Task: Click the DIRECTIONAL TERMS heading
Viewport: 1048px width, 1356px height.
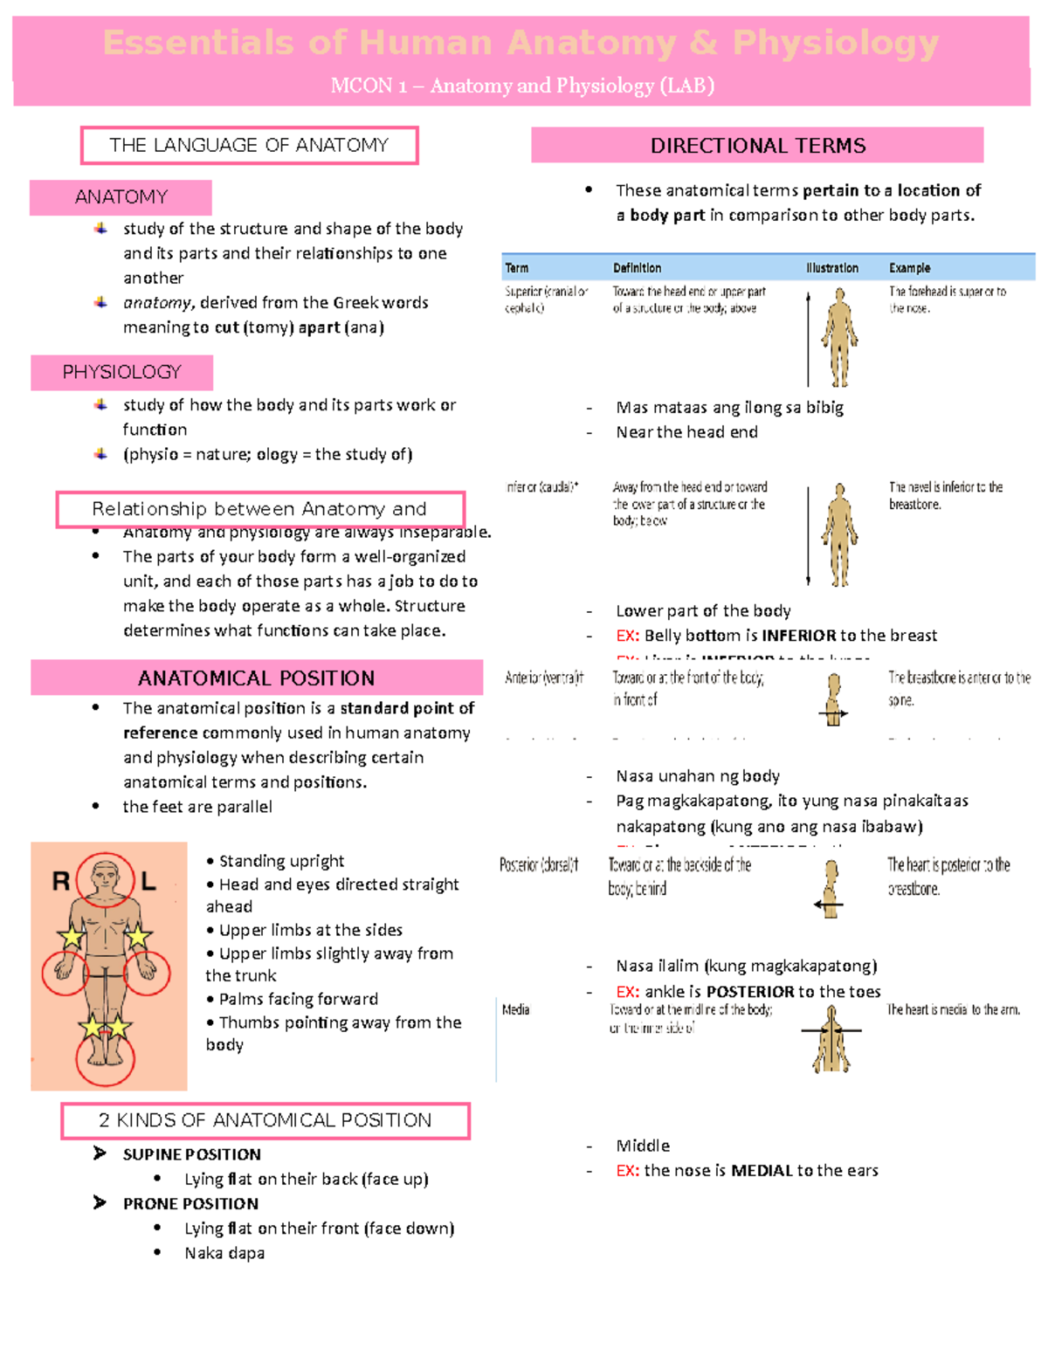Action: [x=757, y=146]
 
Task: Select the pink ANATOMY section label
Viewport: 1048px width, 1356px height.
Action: [x=121, y=197]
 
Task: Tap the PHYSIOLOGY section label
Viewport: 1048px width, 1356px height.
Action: [x=121, y=373]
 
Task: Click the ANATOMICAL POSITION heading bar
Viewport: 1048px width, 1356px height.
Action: [x=256, y=678]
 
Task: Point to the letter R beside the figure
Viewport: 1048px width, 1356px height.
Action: [x=61, y=882]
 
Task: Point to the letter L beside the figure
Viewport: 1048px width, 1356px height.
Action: [x=148, y=882]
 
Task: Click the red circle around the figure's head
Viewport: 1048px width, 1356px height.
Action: [x=105, y=878]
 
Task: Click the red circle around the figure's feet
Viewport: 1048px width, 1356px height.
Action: [x=105, y=1057]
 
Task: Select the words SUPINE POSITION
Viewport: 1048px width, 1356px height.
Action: [x=191, y=1154]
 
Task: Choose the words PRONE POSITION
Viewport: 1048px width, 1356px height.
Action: [x=190, y=1204]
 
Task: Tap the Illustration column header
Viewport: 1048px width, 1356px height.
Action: [x=831, y=268]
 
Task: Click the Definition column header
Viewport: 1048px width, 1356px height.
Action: [x=637, y=268]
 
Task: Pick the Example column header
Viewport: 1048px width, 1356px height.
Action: [x=909, y=268]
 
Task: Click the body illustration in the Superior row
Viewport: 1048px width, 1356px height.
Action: [x=839, y=338]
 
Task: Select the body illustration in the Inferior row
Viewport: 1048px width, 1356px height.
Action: [x=839, y=534]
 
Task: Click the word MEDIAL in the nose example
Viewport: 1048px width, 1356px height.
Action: [x=761, y=1171]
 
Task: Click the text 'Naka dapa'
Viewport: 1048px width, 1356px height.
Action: [x=224, y=1254]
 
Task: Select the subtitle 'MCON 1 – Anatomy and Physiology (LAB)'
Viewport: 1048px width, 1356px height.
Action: [x=522, y=86]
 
